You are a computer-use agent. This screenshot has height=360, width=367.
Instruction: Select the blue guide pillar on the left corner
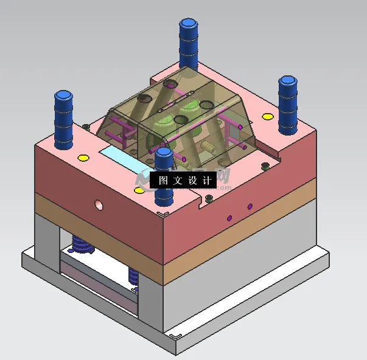tap(63, 119)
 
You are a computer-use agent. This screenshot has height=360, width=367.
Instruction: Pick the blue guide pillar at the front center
tap(164, 177)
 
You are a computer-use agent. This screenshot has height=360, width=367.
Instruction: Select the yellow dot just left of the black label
tap(139, 190)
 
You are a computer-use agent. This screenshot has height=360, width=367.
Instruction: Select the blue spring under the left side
tap(80, 244)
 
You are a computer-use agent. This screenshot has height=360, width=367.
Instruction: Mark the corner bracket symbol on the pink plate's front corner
tap(163, 213)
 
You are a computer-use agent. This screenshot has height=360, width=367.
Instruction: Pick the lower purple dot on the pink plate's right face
tap(229, 218)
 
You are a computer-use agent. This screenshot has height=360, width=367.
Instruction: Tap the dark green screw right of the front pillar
tap(209, 198)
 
